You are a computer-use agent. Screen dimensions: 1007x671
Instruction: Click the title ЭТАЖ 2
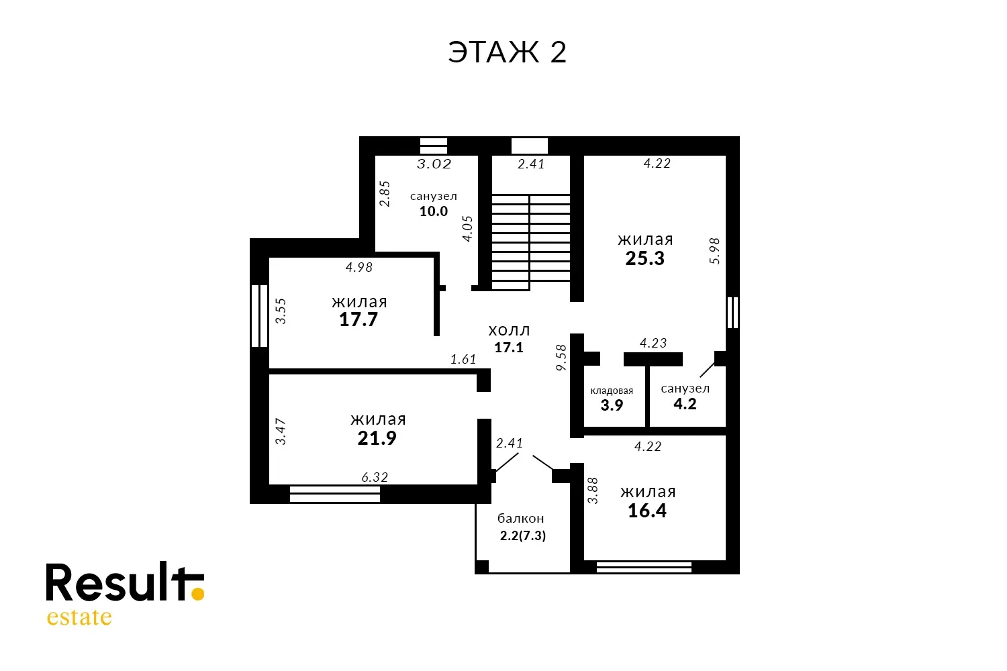pos(507,52)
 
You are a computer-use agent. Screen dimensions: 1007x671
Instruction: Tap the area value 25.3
pos(644,258)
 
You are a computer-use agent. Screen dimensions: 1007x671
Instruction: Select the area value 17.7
pos(358,319)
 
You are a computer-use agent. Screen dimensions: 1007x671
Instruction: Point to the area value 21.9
pos(377,438)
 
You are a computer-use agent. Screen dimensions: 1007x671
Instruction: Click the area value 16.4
pos(647,511)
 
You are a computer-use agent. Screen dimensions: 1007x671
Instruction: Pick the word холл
pos(509,331)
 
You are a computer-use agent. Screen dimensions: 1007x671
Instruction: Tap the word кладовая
pos(612,391)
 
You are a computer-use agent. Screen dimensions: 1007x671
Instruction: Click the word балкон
pos(520,519)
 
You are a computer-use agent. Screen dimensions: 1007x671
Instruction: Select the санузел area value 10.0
pos(434,211)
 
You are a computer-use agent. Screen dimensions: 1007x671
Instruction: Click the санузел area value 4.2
pos(685,404)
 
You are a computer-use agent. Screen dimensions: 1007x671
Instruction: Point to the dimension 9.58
pos(561,358)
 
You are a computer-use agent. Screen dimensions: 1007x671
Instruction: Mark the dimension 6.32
pos(375,477)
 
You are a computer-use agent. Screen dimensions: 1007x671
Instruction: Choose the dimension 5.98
pos(714,251)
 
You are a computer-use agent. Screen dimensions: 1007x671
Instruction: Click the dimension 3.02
pos(434,164)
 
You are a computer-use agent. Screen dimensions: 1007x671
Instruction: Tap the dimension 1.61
pos(463,360)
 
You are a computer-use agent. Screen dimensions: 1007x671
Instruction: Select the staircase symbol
pos(531,242)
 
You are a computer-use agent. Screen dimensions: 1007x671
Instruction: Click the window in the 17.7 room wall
pos(259,316)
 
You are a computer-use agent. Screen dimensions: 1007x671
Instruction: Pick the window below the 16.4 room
pos(644,567)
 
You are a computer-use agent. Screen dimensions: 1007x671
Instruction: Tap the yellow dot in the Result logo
pos(197,593)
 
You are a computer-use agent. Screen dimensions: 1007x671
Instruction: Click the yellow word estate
pos(79,617)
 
